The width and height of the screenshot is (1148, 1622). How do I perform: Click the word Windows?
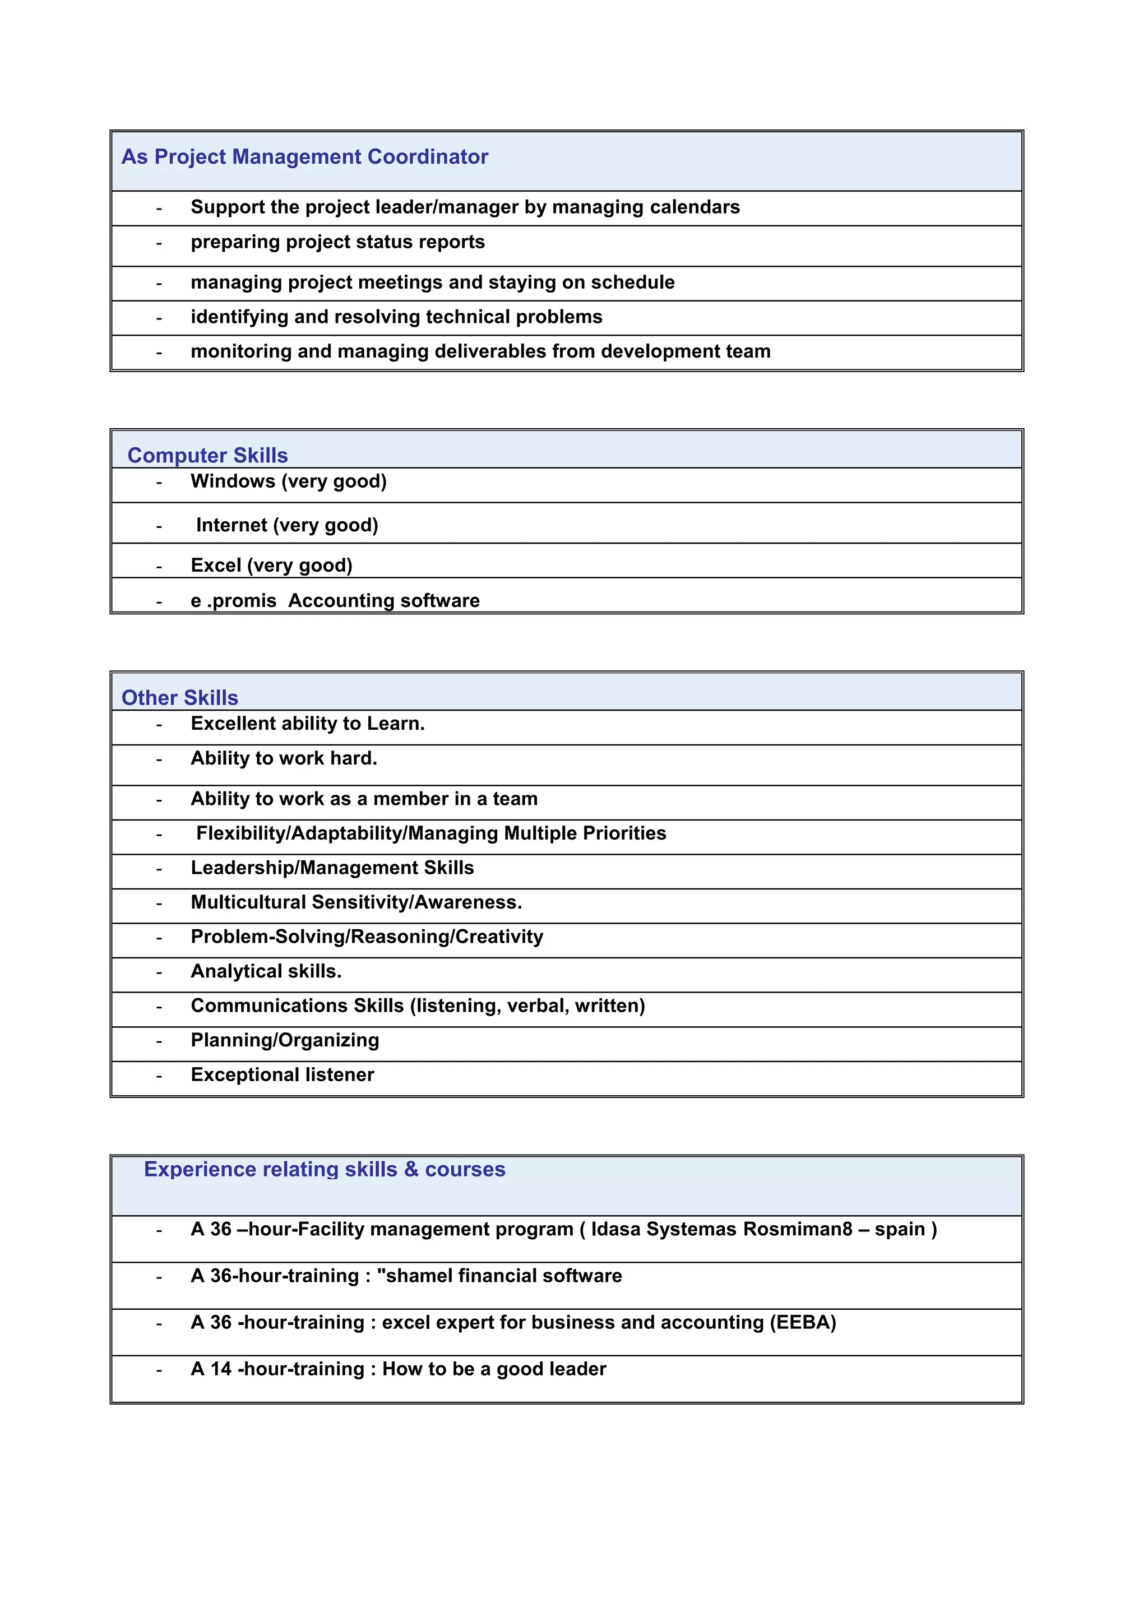click(233, 481)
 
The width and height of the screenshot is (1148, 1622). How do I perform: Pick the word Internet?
click(231, 525)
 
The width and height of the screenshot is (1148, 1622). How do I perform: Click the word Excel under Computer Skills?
click(216, 566)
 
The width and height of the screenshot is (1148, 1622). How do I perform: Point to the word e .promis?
click(233, 601)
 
